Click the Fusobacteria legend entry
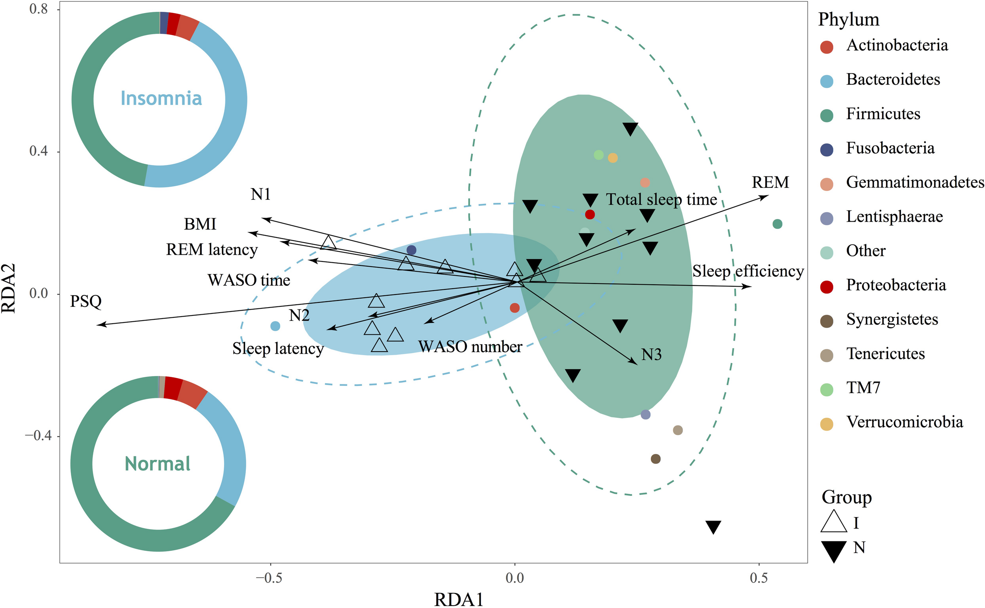tap(890, 148)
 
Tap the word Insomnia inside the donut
tap(161, 98)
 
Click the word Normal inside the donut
tap(157, 463)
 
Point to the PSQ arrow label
tap(86, 301)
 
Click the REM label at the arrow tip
tap(770, 183)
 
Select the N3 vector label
tap(651, 355)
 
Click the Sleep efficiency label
tap(747, 271)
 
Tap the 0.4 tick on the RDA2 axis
tap(38, 152)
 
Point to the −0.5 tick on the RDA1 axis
tap(269, 578)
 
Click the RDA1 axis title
tap(458, 600)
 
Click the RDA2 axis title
tap(9, 288)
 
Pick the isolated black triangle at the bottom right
tap(713, 527)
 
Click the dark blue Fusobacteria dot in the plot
tap(411, 250)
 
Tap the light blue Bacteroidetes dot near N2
tap(275, 326)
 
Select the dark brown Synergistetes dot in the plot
tap(656, 459)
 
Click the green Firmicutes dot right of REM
tap(777, 224)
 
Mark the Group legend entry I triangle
tap(834, 522)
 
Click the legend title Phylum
tap(849, 20)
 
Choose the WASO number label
tap(470, 347)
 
